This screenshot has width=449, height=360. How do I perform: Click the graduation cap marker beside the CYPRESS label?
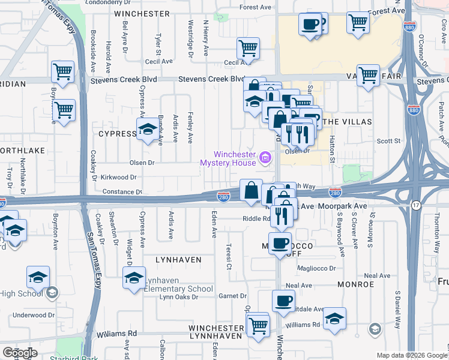[147, 130]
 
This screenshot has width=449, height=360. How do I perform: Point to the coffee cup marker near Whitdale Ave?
[283, 301]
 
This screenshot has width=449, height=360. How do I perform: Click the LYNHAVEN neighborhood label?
[176, 260]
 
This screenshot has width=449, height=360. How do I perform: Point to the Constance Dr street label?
[122, 192]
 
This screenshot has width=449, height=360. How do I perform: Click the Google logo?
[20, 352]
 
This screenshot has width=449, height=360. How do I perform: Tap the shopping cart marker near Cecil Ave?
[247, 49]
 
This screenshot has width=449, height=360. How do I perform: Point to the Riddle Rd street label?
[256, 219]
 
